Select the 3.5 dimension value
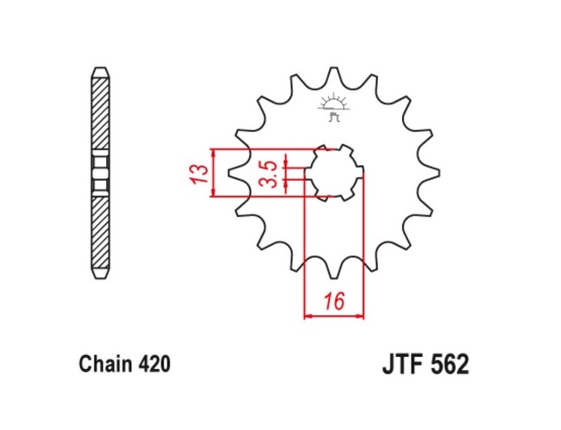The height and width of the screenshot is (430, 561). [x=269, y=174]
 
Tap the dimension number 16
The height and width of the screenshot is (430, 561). [x=333, y=303]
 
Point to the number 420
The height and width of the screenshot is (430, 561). [x=155, y=363]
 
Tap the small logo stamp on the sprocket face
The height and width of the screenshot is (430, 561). [x=333, y=106]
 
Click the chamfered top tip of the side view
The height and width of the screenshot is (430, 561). [x=101, y=71]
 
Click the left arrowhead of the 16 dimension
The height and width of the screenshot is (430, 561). [x=308, y=316]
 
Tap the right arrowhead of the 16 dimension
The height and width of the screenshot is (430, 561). [x=359, y=316]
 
